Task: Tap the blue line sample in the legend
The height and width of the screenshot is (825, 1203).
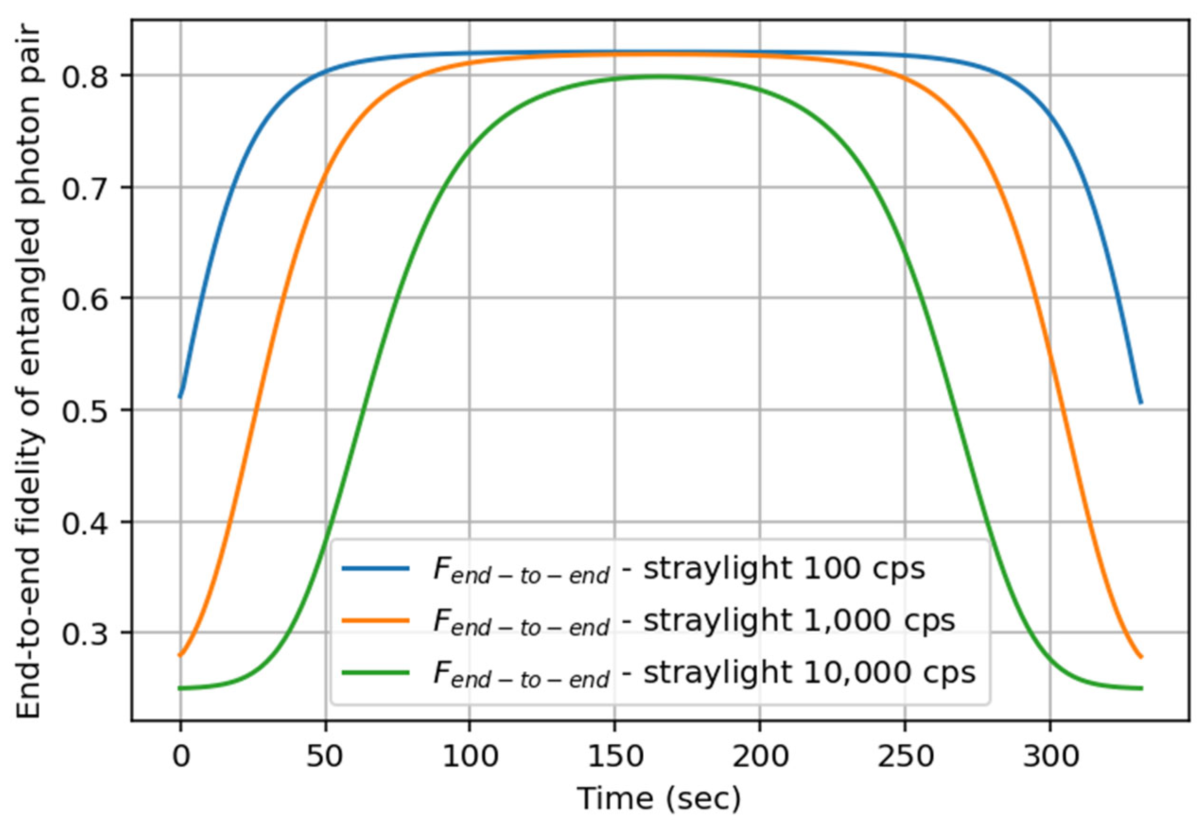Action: click(x=375, y=568)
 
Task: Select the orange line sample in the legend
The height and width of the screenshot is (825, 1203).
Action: click(x=375, y=620)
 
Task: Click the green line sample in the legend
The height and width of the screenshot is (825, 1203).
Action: click(x=375, y=672)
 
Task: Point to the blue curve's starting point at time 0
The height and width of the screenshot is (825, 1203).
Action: click(x=180, y=397)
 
